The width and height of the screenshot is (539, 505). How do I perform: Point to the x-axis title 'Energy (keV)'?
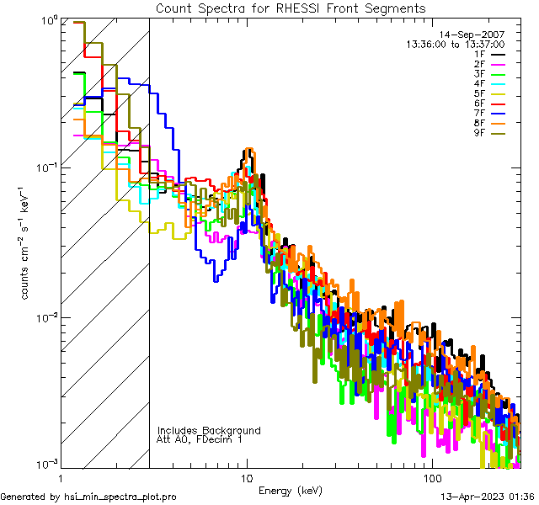click(x=290, y=490)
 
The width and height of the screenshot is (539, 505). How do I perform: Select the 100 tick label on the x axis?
click(x=431, y=477)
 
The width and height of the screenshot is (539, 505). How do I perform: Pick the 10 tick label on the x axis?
click(x=246, y=477)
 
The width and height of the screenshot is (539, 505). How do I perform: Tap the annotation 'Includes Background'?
click(x=209, y=430)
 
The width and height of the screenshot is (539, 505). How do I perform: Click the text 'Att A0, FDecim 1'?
click(x=200, y=439)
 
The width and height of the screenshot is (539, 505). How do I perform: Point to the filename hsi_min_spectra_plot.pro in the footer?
click(x=120, y=497)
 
